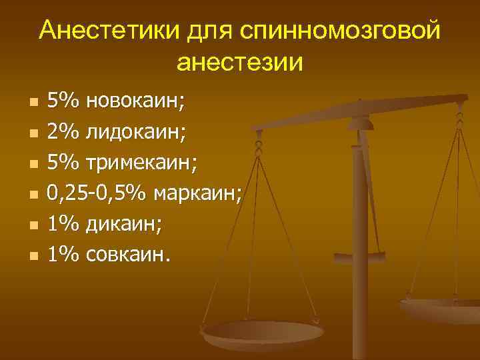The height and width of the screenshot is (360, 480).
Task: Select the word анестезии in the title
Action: (240, 63)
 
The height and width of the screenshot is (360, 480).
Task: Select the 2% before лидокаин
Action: (63, 133)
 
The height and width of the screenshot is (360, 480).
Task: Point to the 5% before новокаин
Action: (63, 102)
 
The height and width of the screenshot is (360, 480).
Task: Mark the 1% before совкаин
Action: (63, 255)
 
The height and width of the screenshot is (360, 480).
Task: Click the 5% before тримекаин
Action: (63, 163)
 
